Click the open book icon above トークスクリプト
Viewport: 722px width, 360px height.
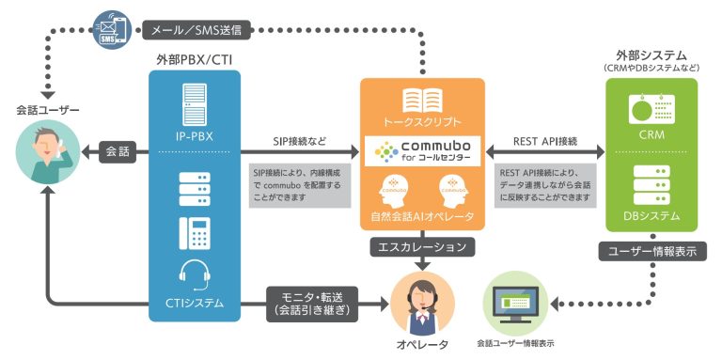click(x=422, y=102)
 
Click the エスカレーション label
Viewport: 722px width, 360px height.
click(x=423, y=247)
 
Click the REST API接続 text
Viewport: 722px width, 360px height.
click(x=545, y=141)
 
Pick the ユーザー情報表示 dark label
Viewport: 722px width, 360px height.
click(x=651, y=251)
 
